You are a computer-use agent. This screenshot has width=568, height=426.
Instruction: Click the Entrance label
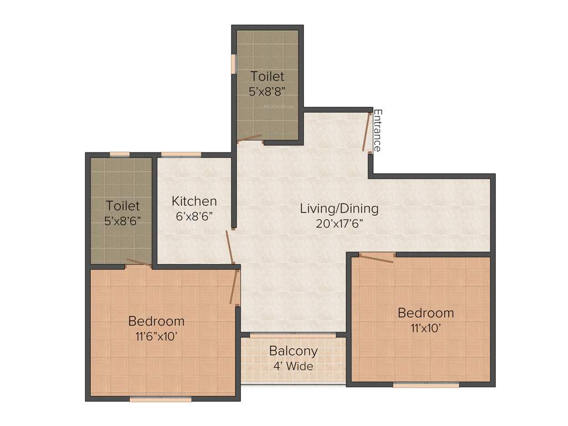[377, 131]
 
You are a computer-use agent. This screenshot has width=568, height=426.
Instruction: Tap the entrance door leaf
[366, 131]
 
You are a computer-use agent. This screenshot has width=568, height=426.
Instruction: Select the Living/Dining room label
[339, 209]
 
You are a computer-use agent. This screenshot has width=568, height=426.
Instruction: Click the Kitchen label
[194, 201]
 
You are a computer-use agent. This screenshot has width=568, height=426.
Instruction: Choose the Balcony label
[293, 351]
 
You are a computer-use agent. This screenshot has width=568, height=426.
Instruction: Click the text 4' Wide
[293, 366]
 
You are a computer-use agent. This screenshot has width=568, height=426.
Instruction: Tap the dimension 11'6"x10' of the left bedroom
[156, 336]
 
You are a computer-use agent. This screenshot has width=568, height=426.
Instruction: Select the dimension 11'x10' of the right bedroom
[425, 327]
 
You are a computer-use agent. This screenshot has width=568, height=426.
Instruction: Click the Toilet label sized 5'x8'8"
[267, 76]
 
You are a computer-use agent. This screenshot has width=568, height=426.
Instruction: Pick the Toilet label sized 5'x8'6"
[123, 205]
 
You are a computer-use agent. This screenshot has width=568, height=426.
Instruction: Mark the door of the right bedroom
[377, 257]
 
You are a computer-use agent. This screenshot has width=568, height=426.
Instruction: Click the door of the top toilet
[249, 138]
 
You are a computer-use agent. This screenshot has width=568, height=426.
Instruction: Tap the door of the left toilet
[139, 262]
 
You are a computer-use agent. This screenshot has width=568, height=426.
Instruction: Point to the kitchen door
[229, 247]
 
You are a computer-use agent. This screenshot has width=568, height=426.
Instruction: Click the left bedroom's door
[234, 287]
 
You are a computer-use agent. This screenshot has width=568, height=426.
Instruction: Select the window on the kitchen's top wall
[181, 154]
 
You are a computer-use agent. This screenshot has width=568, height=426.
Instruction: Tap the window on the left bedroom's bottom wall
[160, 398]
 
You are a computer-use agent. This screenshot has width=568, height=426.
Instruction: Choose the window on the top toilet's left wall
[234, 64]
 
